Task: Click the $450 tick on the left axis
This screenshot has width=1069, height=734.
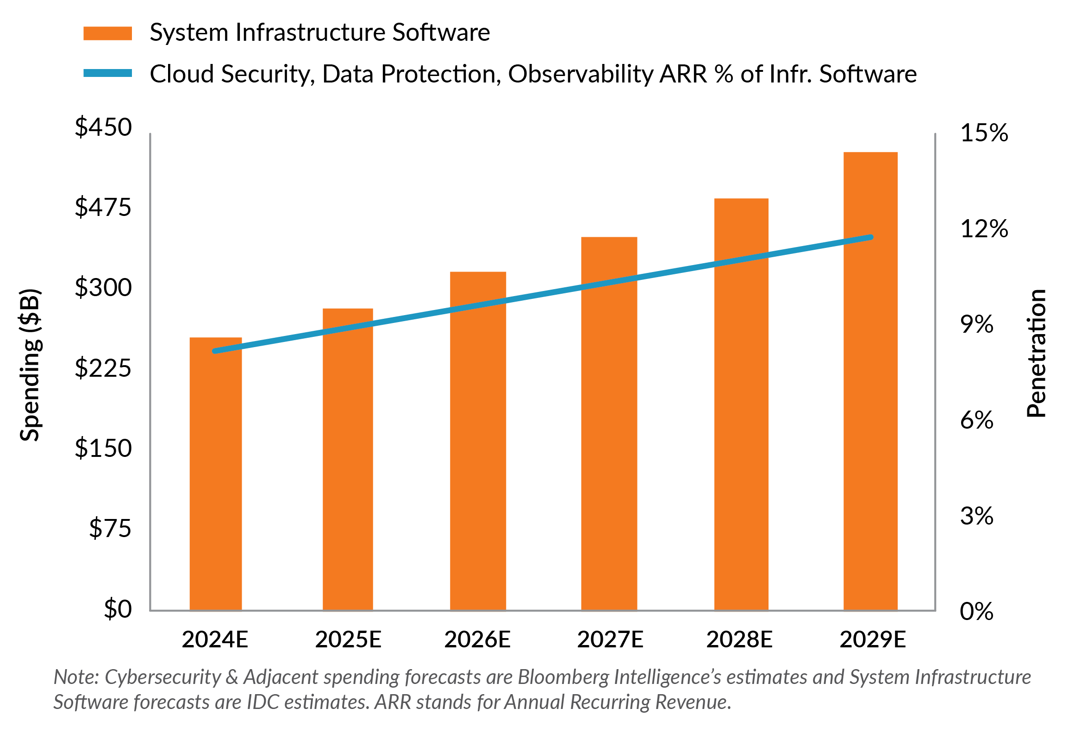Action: pyautogui.click(x=103, y=127)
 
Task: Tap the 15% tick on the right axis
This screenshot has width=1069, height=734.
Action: pyautogui.click(x=984, y=133)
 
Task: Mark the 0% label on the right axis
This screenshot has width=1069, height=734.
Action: pyautogui.click(x=976, y=611)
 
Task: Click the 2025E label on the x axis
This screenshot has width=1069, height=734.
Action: pyautogui.click(x=348, y=639)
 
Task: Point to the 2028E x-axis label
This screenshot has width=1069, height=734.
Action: pyautogui.click(x=739, y=639)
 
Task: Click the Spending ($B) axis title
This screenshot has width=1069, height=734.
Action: pyautogui.click(x=31, y=365)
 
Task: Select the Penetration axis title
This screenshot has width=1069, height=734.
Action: pyautogui.click(x=1036, y=353)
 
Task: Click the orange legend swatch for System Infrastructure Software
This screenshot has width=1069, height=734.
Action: pyautogui.click(x=107, y=33)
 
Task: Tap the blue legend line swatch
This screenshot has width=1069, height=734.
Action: pyautogui.click(x=107, y=73)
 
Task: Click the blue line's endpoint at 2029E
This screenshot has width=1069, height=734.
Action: pyautogui.click(x=871, y=237)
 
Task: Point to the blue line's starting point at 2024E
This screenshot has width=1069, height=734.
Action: pyautogui.click(x=215, y=351)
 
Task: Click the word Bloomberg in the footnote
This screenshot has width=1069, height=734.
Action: pyautogui.click(x=550, y=677)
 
